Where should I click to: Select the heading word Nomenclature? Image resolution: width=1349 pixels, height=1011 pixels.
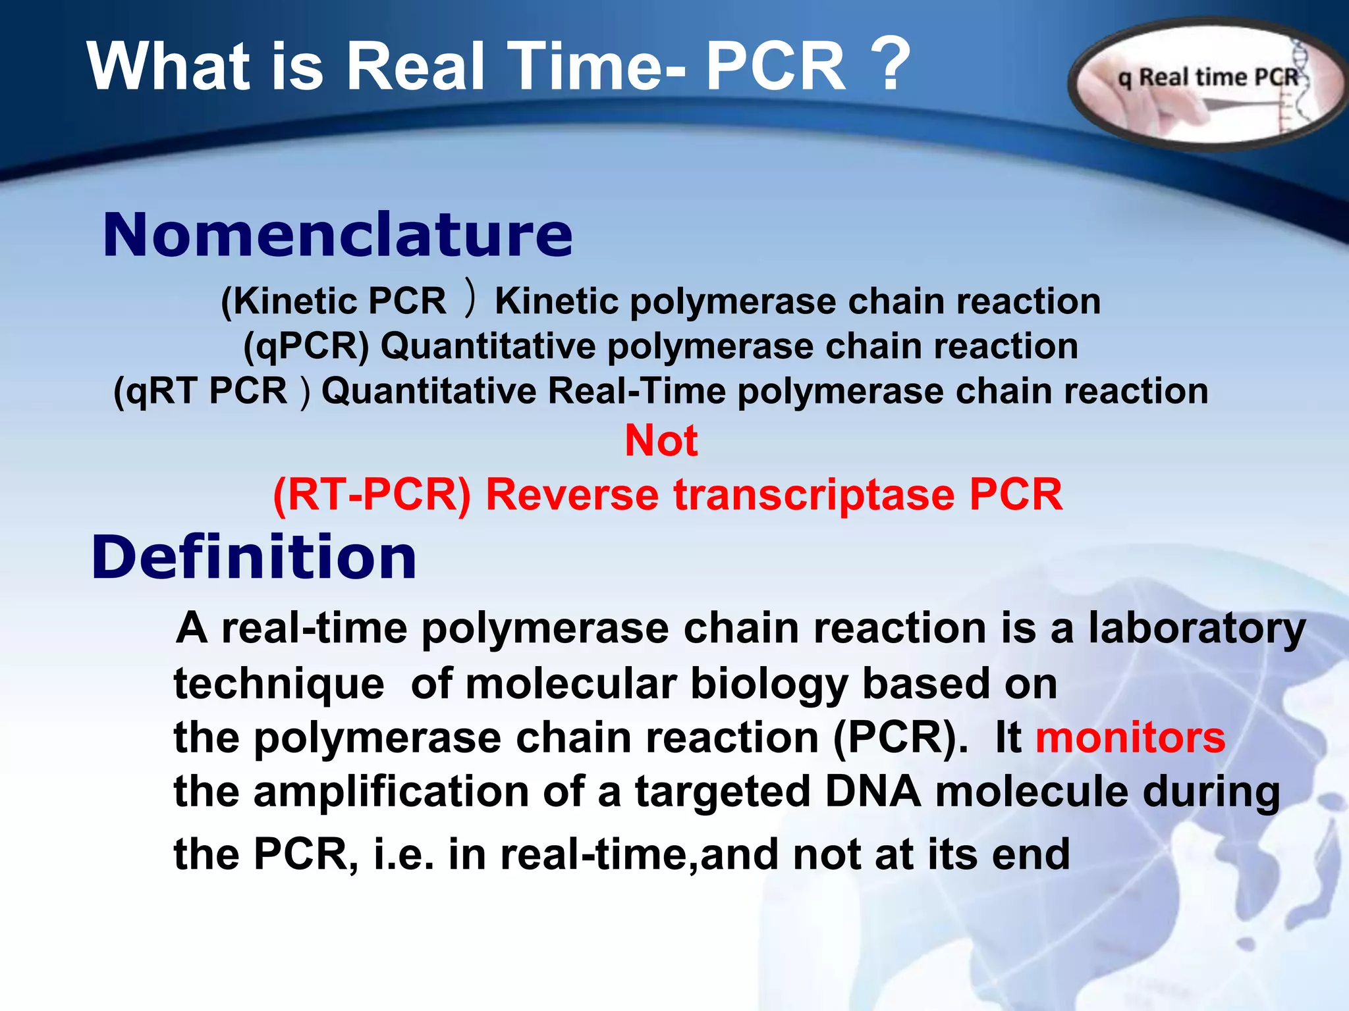pyautogui.click(x=338, y=235)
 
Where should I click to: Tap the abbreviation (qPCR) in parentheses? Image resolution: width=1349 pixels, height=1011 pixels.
pyautogui.click(x=306, y=346)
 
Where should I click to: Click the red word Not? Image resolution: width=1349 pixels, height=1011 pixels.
pyautogui.click(x=661, y=440)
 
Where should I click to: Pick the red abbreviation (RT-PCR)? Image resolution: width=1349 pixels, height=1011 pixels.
pyautogui.click(x=372, y=494)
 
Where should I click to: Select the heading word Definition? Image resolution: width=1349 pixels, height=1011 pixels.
pyautogui.click(x=254, y=557)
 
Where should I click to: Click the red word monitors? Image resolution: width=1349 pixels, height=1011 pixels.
pyautogui.click(x=1130, y=737)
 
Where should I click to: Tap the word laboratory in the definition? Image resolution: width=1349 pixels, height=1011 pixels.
pyautogui.click(x=1196, y=629)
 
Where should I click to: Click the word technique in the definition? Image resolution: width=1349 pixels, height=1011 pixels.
pyautogui.click(x=279, y=684)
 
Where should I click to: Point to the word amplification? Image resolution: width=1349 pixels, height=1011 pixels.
pyautogui.click(x=391, y=791)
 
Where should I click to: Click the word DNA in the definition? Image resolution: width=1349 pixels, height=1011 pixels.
pyautogui.click(x=872, y=791)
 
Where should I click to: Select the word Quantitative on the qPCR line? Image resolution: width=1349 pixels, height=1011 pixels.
pyautogui.click(x=488, y=346)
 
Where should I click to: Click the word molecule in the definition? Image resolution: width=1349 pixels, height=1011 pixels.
pyautogui.click(x=1032, y=791)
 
